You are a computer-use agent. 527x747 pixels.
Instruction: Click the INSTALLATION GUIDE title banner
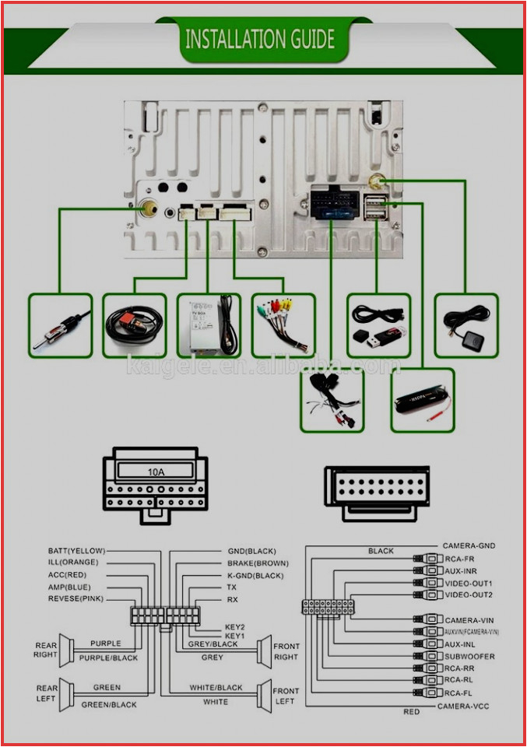click(x=260, y=38)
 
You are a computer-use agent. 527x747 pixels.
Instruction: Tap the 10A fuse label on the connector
click(x=156, y=471)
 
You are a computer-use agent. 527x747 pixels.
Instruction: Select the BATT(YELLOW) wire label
click(x=76, y=551)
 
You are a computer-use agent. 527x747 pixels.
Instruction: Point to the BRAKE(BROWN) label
click(x=258, y=563)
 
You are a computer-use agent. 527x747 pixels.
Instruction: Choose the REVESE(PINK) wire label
click(x=76, y=599)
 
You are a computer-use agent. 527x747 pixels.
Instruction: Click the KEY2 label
click(x=235, y=626)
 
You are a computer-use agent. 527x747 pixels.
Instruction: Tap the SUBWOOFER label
click(x=469, y=657)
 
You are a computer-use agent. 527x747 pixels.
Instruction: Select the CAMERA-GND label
click(x=469, y=546)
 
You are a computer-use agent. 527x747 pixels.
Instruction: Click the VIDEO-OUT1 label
click(x=469, y=583)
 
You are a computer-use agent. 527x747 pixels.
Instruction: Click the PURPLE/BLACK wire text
click(x=108, y=658)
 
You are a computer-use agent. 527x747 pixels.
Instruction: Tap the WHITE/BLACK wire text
click(x=216, y=688)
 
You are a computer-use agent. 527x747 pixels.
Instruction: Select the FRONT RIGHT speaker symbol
click(x=264, y=651)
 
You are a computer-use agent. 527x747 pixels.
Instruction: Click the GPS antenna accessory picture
click(x=465, y=324)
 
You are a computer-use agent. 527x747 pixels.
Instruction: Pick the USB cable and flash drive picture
click(x=378, y=324)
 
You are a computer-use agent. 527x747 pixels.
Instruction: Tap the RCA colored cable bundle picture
click(x=283, y=325)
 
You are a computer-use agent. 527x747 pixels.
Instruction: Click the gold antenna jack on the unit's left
click(x=147, y=209)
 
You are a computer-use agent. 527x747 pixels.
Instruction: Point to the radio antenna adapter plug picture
click(x=60, y=325)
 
